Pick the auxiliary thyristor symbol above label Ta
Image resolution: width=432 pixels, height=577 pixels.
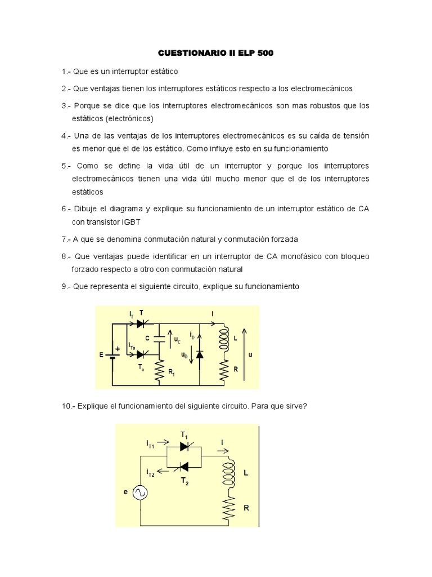(x=141, y=354)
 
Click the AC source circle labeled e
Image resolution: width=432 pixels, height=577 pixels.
(x=139, y=492)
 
